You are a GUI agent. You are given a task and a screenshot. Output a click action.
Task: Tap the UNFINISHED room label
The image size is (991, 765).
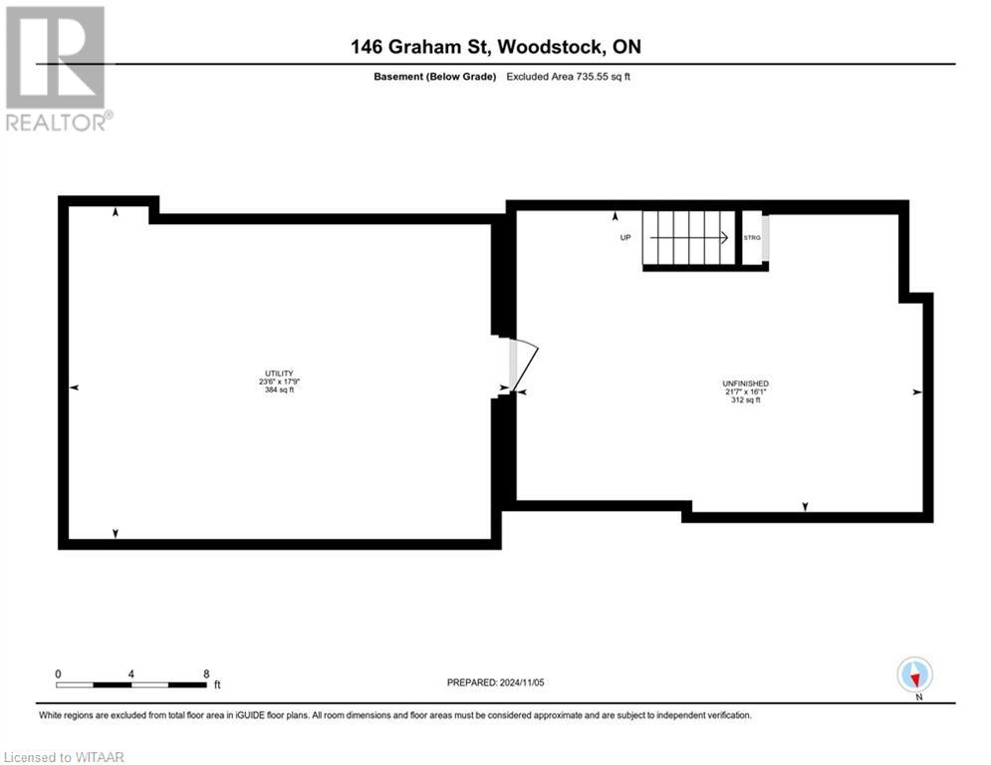(x=745, y=383)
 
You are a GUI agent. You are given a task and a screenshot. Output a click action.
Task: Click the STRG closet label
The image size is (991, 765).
(x=752, y=238)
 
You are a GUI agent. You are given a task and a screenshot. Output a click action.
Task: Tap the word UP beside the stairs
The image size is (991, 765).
(x=625, y=237)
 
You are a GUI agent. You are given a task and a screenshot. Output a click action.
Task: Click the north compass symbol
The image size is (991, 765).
(x=914, y=674)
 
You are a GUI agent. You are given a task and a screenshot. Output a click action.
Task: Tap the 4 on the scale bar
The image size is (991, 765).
(x=131, y=673)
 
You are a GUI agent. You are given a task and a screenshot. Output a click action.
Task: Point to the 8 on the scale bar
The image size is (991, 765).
(x=206, y=673)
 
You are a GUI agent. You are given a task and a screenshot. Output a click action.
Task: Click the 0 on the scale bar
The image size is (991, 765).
(x=59, y=673)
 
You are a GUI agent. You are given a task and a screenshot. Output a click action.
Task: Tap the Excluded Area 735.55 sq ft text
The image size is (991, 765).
(x=569, y=77)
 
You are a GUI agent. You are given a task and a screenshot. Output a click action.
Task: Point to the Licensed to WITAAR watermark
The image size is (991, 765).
(x=66, y=753)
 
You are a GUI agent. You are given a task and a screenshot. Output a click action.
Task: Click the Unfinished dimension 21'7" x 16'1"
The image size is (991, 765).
(x=745, y=392)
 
